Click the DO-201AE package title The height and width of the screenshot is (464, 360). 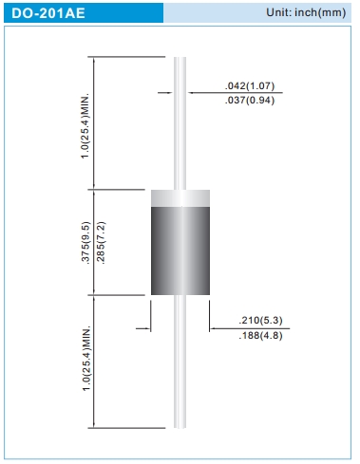[x=48, y=13]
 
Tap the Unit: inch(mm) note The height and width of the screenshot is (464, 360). [x=306, y=12]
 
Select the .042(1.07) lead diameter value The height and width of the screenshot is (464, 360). [x=250, y=85]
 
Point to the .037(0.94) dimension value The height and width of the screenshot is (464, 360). [x=250, y=101]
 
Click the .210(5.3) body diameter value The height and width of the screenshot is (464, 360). [x=260, y=321]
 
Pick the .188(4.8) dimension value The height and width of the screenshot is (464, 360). [x=260, y=336]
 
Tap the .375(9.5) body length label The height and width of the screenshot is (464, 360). [x=86, y=243]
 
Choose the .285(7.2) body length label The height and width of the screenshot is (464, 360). [x=101, y=243]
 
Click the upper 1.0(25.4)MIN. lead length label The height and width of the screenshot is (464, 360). [x=85, y=126]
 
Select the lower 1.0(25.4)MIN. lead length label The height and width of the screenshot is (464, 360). [x=86, y=358]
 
